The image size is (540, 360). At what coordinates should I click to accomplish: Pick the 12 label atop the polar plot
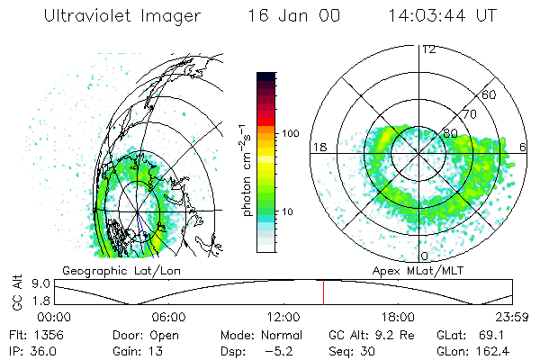click(x=428, y=49)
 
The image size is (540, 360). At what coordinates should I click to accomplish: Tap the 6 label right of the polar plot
click(x=524, y=147)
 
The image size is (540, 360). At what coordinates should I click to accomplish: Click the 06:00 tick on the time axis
click(x=168, y=316)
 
